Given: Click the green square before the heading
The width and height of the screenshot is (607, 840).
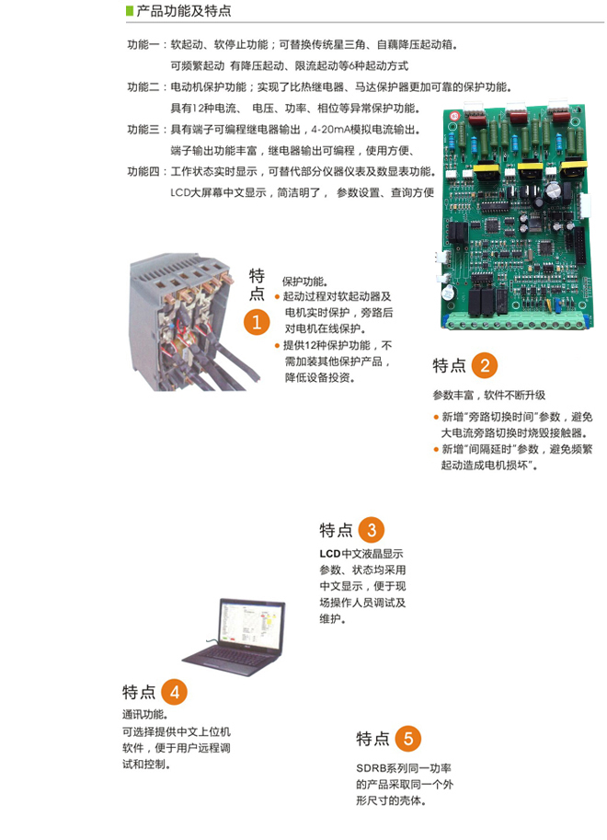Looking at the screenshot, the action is click(x=129, y=11).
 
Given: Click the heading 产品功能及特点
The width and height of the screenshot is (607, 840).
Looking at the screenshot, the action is click(x=183, y=11).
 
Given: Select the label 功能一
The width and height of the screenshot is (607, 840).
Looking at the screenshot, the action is click(x=143, y=44).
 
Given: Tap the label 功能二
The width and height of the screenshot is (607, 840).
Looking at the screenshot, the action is click(x=143, y=86).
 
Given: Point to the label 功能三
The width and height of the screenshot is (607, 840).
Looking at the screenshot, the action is click(x=143, y=129).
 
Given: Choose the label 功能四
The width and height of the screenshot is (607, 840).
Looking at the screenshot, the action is click(x=143, y=171).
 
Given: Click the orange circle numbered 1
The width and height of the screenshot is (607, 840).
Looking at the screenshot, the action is click(x=257, y=322).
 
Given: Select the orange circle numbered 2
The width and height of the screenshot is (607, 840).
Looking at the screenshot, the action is click(x=485, y=365).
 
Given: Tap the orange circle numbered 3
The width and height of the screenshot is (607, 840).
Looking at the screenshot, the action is click(x=372, y=530).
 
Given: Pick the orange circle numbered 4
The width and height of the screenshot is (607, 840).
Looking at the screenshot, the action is click(x=174, y=692).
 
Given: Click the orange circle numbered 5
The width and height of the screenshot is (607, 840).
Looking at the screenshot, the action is click(x=408, y=739).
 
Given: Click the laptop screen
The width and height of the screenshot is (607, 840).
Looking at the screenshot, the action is click(x=251, y=625).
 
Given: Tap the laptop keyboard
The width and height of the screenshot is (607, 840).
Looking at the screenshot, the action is click(x=230, y=660).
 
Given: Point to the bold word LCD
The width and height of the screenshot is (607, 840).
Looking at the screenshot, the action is click(x=330, y=554).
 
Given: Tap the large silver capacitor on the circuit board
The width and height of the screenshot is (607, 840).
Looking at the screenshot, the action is click(x=554, y=190).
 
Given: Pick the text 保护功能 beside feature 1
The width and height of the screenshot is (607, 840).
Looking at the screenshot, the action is click(x=304, y=282).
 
